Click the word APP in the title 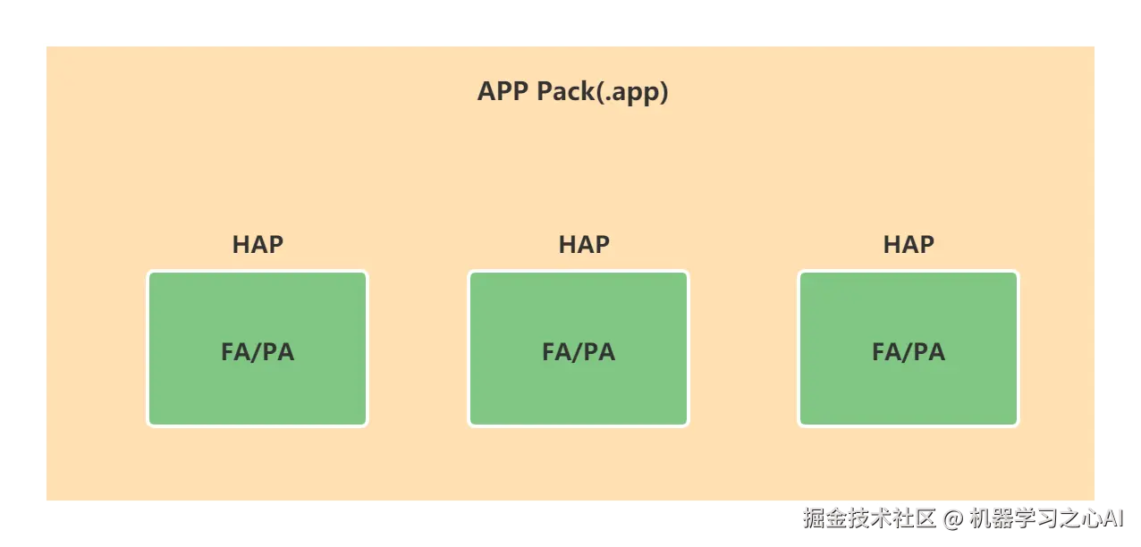pyautogui.click(x=503, y=92)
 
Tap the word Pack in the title pyautogui.click(x=566, y=92)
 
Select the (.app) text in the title pyautogui.click(x=632, y=93)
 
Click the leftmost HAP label pyautogui.click(x=258, y=245)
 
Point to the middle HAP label pyautogui.click(x=584, y=245)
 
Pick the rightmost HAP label pyautogui.click(x=909, y=245)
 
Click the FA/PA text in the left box pyautogui.click(x=258, y=352)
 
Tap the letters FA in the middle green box pyautogui.click(x=558, y=352)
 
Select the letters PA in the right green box pyautogui.click(x=929, y=352)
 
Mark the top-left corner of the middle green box pyautogui.click(x=469, y=272)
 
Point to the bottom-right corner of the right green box pyautogui.click(x=1018, y=425)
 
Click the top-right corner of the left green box pyautogui.click(x=367, y=272)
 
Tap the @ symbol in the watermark pyautogui.click(x=952, y=519)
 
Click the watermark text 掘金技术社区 pyautogui.click(x=869, y=518)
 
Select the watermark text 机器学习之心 pyautogui.click(x=1035, y=518)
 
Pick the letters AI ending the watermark pyautogui.click(x=1113, y=519)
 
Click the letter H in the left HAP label pyautogui.click(x=241, y=245)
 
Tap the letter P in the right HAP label pyautogui.click(x=926, y=245)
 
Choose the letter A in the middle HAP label pyautogui.click(x=584, y=245)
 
